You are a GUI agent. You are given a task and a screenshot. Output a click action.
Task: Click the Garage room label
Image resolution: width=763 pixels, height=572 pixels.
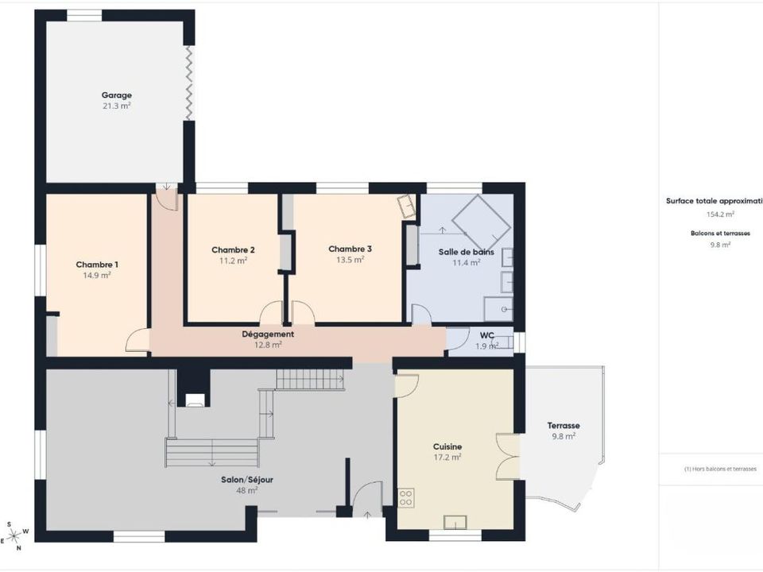point(117,95)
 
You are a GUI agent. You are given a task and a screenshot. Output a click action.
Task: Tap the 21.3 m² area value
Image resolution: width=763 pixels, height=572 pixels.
point(117,106)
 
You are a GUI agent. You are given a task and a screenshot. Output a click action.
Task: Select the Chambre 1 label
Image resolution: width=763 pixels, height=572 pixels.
point(97,265)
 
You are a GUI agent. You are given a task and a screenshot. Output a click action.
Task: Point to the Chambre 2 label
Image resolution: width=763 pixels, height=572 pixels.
point(233,250)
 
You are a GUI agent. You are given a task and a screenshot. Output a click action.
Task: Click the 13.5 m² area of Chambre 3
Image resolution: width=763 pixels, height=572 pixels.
point(351,260)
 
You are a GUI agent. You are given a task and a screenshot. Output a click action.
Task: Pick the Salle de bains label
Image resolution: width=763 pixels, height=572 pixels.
point(467,252)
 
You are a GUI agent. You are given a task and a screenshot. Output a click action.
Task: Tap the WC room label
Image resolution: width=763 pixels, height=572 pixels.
point(487,335)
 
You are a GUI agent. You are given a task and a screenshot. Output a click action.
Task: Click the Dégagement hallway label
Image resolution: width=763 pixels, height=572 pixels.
point(268,334)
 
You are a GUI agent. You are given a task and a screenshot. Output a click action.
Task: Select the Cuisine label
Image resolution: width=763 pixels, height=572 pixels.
point(447,446)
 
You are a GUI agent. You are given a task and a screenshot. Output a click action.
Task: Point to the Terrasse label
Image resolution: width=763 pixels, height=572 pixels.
point(564,426)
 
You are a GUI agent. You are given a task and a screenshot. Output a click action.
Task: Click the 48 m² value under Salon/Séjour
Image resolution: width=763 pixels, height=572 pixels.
point(246,490)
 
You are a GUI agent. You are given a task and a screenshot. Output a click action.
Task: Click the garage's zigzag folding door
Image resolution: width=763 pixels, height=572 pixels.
point(189,83)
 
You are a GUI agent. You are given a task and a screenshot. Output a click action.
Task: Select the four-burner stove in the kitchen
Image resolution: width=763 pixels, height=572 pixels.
point(406,497)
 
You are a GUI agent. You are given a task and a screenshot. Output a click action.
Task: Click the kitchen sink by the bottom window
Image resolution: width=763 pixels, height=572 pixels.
point(455,523)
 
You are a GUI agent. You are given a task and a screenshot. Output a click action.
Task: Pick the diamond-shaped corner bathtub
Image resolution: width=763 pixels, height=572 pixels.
point(482,222)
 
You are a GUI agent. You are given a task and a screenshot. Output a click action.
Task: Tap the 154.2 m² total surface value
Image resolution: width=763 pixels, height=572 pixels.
point(720,214)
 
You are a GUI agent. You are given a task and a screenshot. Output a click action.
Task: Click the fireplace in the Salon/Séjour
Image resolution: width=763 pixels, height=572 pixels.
point(194,388)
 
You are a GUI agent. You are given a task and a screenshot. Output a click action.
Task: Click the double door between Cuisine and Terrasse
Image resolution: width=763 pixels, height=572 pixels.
point(507,457)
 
